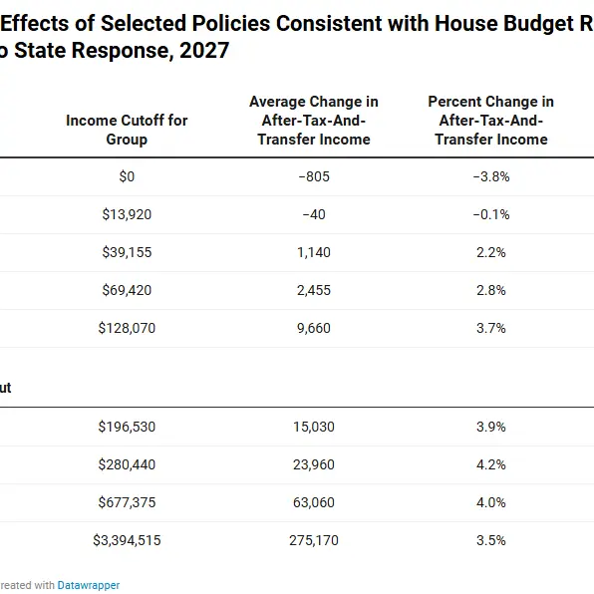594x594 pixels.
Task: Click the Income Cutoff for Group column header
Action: pyautogui.click(x=127, y=130)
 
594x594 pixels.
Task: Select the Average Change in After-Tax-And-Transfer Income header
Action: pyautogui.click(x=314, y=121)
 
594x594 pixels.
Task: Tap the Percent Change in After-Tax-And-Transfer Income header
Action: pyautogui.click(x=491, y=121)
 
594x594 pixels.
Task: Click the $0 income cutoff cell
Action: pyautogui.click(x=127, y=176)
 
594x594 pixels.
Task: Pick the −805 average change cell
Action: pyautogui.click(x=314, y=176)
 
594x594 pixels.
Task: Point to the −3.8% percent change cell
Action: pyautogui.click(x=491, y=176)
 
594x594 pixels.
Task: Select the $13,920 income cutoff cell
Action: pyautogui.click(x=127, y=214)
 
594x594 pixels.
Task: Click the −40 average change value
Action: pyautogui.click(x=314, y=214)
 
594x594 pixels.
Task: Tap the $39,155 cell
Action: pyautogui.click(x=127, y=252)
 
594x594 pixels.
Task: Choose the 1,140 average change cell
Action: pyautogui.click(x=314, y=252)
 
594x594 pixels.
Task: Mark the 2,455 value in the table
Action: pyautogui.click(x=314, y=290)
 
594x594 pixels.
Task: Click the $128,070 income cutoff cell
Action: pyautogui.click(x=127, y=328)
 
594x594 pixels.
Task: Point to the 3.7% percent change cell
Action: pyautogui.click(x=491, y=328)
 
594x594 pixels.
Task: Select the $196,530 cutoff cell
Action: pyautogui.click(x=127, y=427)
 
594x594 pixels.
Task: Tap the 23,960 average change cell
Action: pyautogui.click(x=314, y=464)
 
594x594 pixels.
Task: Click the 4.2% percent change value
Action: pyautogui.click(x=491, y=464)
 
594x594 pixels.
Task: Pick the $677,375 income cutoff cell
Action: pyautogui.click(x=127, y=502)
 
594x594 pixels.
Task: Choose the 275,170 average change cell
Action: pyautogui.click(x=314, y=540)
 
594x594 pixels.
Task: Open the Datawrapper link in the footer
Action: pyautogui.click(x=89, y=585)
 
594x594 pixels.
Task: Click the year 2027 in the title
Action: pyautogui.click(x=204, y=51)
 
